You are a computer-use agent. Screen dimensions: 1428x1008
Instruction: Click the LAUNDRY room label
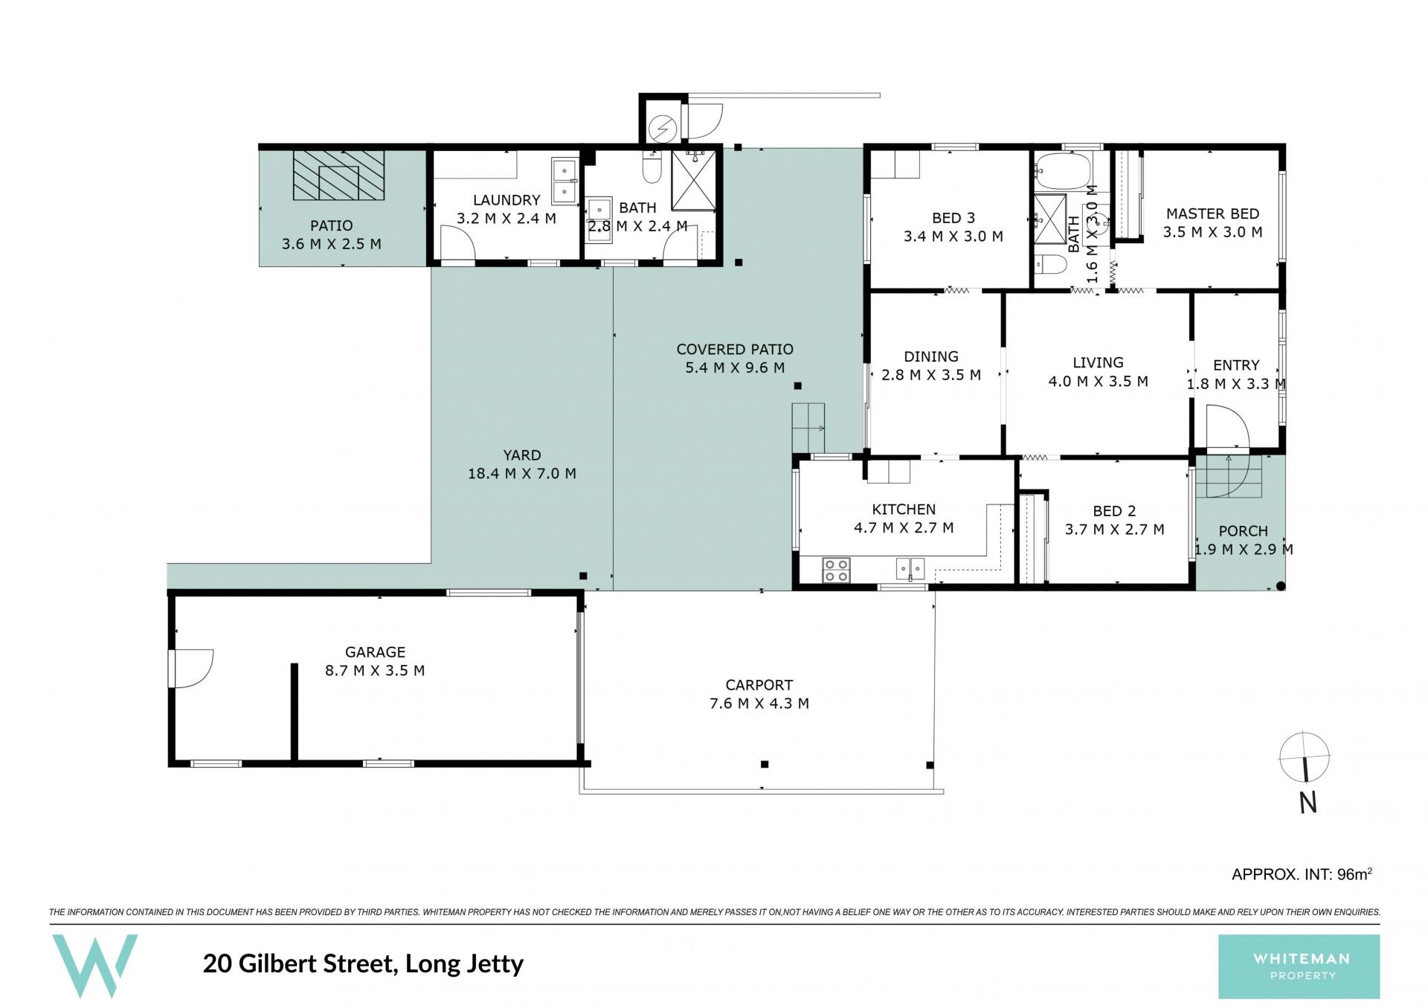point(506,200)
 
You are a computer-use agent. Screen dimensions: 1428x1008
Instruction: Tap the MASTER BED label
point(1212,214)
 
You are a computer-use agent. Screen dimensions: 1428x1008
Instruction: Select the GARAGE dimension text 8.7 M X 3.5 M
point(375,670)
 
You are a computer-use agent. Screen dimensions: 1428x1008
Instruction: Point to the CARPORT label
point(759,684)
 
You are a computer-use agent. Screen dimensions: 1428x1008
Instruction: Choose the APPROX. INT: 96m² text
point(1302,874)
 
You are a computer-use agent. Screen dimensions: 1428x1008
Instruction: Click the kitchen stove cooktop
point(836,570)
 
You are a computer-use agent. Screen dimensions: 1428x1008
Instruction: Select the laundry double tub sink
point(565,181)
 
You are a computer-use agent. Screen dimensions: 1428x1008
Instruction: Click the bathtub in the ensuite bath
point(1063,171)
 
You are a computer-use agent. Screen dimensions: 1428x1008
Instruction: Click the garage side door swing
point(192,668)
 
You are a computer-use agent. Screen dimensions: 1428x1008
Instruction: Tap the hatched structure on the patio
point(339,176)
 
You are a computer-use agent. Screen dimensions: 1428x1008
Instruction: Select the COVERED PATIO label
point(735,349)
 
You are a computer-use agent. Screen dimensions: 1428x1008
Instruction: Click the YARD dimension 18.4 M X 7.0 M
point(522,473)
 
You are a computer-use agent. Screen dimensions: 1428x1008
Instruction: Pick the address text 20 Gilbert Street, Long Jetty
point(364,963)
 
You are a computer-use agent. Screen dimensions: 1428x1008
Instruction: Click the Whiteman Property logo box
point(1299,966)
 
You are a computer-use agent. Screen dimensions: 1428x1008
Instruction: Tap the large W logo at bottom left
point(94,966)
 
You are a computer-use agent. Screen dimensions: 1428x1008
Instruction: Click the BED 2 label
point(1114,511)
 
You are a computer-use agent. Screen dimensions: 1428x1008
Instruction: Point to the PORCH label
point(1244,531)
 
